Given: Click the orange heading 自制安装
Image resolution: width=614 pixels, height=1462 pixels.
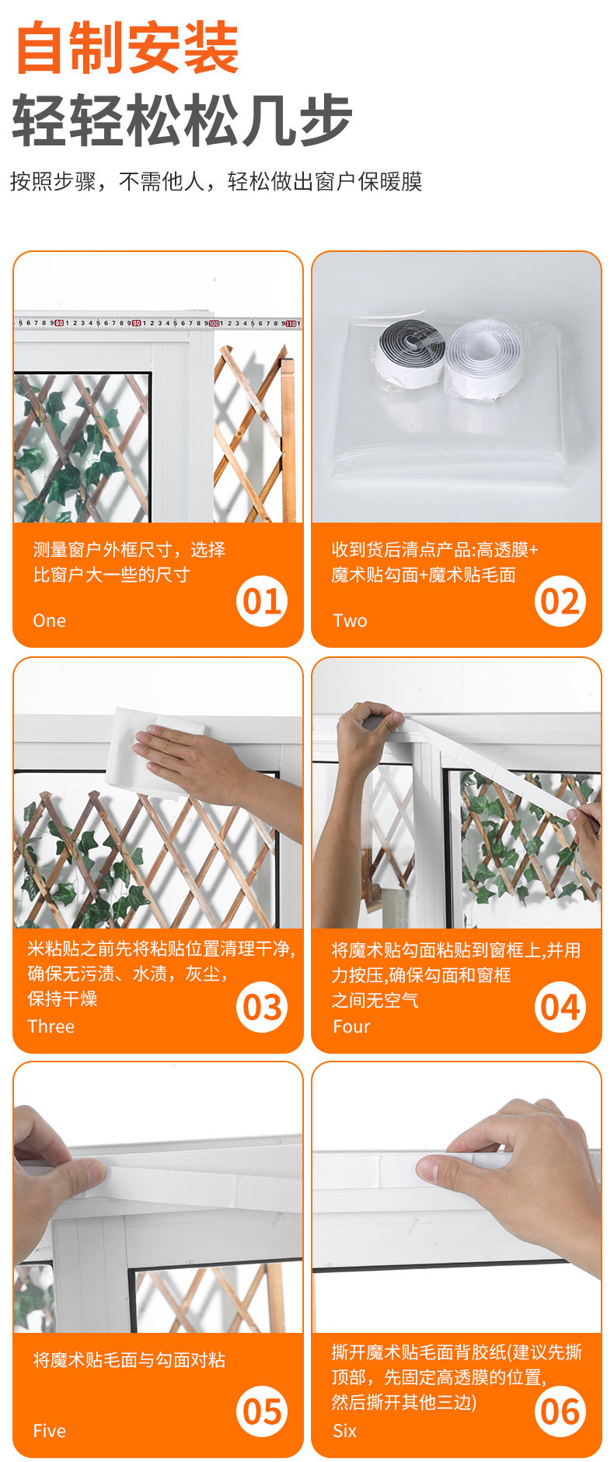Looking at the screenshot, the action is coord(127,48).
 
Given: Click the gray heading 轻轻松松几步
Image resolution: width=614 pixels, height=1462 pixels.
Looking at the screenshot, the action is coord(183,120).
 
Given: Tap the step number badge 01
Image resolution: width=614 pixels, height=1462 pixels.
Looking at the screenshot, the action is coord(262,601).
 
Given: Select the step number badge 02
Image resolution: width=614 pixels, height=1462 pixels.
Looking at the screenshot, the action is coord(560,601).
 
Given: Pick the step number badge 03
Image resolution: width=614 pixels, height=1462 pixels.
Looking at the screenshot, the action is coord(262,1007).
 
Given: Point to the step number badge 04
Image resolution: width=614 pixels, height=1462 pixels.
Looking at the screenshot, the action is coord(560,1007).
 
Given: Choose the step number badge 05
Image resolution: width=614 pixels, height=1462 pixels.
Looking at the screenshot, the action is coord(262,1411).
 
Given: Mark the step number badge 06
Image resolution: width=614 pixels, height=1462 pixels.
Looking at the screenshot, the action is coord(560,1411).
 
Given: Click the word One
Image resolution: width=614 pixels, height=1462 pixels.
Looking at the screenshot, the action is coord(49,621).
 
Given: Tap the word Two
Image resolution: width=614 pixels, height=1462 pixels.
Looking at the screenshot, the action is coord(350,621).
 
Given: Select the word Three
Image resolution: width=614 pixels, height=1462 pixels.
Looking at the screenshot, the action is coord(51,1027).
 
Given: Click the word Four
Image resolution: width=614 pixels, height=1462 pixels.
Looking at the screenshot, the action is coord(351,1027).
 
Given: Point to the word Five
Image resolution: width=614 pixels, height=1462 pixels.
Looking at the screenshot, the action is coord(49,1431).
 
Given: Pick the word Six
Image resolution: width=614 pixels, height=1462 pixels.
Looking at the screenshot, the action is coord(344,1431).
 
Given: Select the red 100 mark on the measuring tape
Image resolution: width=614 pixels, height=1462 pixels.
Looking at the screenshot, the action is coord(214,323).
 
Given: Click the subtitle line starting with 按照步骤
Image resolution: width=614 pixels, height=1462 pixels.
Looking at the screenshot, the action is coord(216,181).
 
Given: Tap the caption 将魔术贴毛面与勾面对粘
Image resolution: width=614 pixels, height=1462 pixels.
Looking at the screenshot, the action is coord(129,1359).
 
